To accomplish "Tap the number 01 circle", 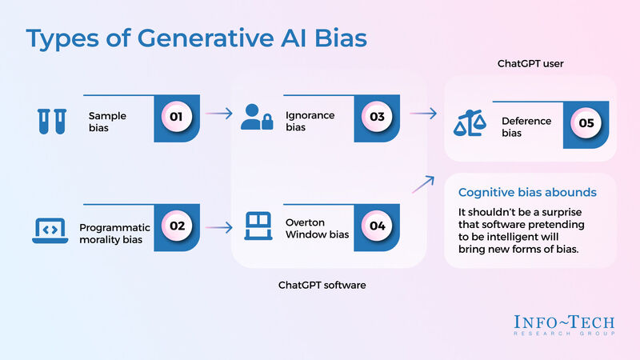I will coord(177,118).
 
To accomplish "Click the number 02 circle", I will coord(177,226).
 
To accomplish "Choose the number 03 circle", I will coord(377,118).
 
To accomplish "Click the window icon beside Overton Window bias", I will coord(257,227).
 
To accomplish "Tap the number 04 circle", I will coord(377,226).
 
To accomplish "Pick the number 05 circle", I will coord(586,124).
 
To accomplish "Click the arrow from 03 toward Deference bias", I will coord(423,114).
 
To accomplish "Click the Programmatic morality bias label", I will coord(114,233).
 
